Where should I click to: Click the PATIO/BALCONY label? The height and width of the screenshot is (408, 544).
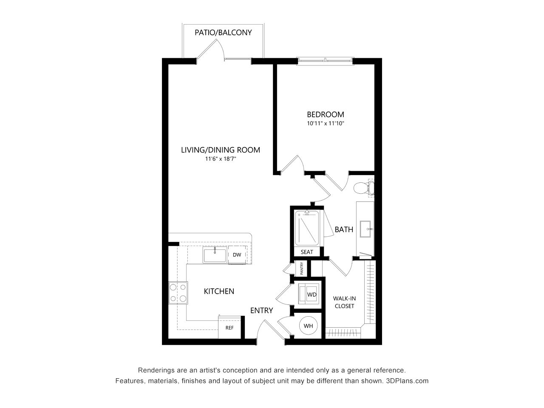pos(223,32)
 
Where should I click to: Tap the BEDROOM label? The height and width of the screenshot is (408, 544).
pos(326,114)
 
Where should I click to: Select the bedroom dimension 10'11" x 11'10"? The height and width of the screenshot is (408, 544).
pos(326,124)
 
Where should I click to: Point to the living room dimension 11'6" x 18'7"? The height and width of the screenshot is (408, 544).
pos(220,159)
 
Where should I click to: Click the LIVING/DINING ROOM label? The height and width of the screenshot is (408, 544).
pos(220,150)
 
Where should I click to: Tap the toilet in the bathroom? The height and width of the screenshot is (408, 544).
pos(364,187)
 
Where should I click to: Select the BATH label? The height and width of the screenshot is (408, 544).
pos(344,229)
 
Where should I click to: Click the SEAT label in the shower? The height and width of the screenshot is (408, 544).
pos(307,252)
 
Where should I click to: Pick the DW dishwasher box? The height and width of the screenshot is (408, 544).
pos(237,255)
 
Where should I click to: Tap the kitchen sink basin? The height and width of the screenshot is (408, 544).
pos(215,255)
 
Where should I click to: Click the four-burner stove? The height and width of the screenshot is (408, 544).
pos(178,293)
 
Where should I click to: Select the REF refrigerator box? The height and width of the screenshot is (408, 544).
pos(229,328)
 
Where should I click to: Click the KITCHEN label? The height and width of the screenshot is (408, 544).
pos(219,291)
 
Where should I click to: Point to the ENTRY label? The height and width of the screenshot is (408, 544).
pos(261,311)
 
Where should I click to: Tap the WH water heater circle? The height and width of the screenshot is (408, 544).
pos(308,326)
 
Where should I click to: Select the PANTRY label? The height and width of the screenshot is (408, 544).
pos(301,269)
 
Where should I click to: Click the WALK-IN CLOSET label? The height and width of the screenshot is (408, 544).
pos(344,302)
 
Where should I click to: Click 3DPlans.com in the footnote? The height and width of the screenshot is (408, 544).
pos(407,381)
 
